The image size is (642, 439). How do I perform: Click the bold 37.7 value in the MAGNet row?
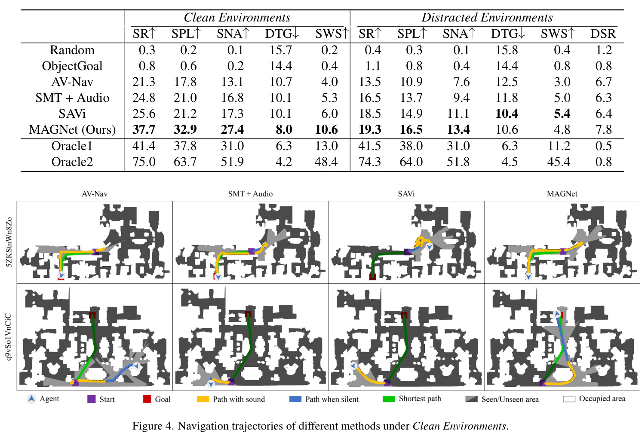[144, 129]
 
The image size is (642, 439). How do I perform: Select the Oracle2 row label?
[72, 162]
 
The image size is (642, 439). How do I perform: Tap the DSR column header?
[603, 34]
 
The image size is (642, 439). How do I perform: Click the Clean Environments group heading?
[237, 18]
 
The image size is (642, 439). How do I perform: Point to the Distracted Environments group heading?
[487, 18]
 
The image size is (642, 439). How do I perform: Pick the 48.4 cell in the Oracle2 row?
[326, 162]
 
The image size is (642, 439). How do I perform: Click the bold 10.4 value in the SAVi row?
[507, 114]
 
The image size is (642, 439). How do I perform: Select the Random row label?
[72, 50]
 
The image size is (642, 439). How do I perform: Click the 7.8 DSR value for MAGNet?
[604, 129]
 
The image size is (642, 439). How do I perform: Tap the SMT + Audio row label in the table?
[72, 98]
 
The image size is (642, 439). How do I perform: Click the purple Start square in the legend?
[92, 399]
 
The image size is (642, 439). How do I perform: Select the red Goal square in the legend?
[147, 399]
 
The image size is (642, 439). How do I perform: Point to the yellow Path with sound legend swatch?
[203, 399]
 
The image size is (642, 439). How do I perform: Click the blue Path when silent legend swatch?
[295, 399]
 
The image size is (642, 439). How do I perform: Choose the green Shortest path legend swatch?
[389, 399]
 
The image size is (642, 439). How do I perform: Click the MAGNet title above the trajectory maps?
[562, 194]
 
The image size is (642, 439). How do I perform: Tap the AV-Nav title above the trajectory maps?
[95, 194]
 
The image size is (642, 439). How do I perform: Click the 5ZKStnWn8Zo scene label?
[9, 242]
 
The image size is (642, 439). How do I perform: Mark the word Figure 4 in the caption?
[153, 426]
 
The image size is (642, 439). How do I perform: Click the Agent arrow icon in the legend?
[31, 399]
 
